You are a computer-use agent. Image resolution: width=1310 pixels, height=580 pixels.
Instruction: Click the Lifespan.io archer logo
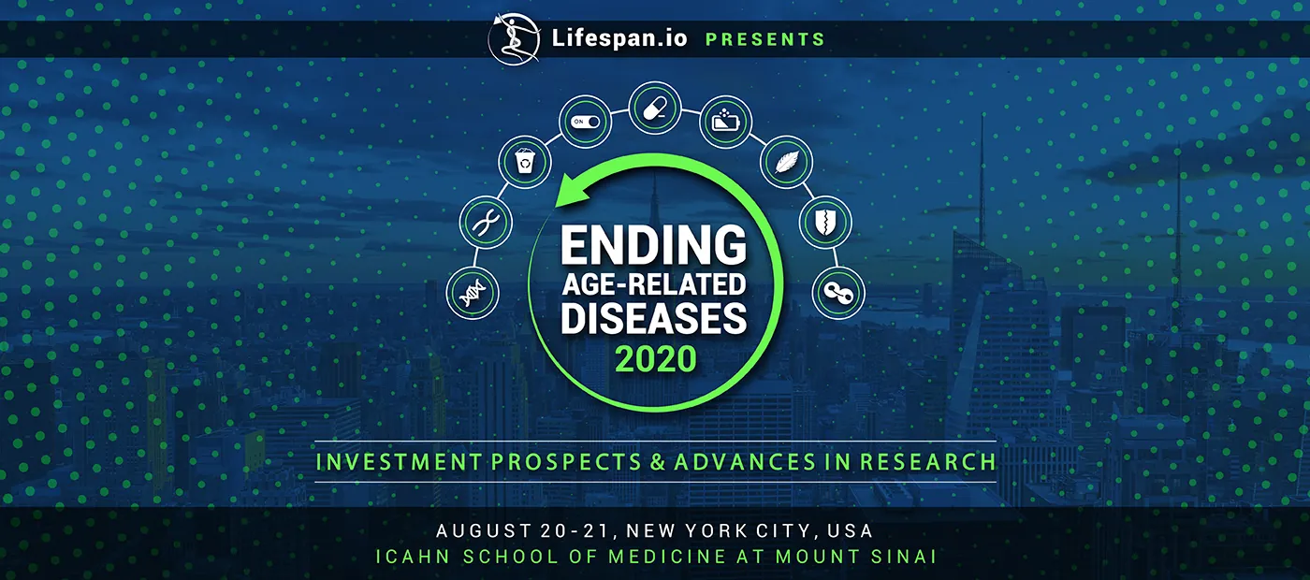pyautogui.click(x=514, y=38)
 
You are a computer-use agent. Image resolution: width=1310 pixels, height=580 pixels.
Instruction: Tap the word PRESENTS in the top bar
pyautogui.click(x=765, y=39)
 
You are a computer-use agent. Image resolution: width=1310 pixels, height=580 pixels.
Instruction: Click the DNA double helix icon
pyautogui.click(x=473, y=292)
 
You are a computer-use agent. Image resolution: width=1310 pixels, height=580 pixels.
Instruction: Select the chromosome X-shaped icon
pyautogui.click(x=486, y=223)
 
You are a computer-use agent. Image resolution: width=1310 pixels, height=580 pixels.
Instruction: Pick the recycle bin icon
pyautogui.click(x=525, y=161)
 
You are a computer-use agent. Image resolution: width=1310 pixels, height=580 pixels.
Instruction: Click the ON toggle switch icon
pyautogui.click(x=586, y=122)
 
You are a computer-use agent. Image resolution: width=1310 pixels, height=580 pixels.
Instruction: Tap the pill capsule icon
pyautogui.click(x=655, y=108)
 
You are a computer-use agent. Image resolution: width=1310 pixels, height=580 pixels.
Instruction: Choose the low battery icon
pyautogui.click(x=726, y=122)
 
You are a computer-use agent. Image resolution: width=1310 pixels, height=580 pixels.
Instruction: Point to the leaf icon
pyautogui.click(x=786, y=162)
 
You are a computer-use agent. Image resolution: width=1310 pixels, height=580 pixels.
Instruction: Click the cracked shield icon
pyautogui.click(x=825, y=223)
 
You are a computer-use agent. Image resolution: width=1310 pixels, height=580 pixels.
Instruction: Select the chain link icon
pyautogui.click(x=838, y=293)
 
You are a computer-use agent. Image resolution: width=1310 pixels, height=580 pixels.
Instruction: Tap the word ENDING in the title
pyautogui.click(x=654, y=245)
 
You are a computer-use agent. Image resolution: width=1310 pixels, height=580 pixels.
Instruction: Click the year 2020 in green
pyautogui.click(x=656, y=359)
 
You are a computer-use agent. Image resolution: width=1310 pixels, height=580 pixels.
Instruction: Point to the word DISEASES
pyautogui.click(x=654, y=318)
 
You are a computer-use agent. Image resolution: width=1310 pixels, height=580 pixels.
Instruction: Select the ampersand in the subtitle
pyautogui.click(x=658, y=462)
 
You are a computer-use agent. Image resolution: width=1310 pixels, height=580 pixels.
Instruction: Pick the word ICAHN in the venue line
pyautogui.click(x=413, y=557)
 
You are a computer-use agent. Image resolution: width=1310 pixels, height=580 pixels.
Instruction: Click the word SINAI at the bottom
pyautogui.click(x=904, y=557)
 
